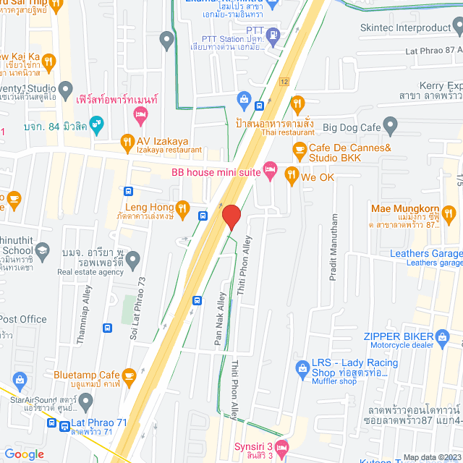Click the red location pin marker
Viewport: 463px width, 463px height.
[231, 217]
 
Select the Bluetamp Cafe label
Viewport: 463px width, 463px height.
[86, 375]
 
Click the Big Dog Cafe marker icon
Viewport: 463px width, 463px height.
[391, 128]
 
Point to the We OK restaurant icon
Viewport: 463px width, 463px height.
[291, 174]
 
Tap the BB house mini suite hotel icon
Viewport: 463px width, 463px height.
[270, 171]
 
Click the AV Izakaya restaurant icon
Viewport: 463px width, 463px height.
[127, 141]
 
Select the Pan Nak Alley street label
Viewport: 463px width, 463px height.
[219, 317]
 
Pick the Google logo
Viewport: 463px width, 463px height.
[24, 454]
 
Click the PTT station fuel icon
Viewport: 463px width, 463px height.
[273, 33]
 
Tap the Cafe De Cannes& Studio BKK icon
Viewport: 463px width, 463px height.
[299, 149]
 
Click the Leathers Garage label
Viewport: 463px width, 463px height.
[425, 253]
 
